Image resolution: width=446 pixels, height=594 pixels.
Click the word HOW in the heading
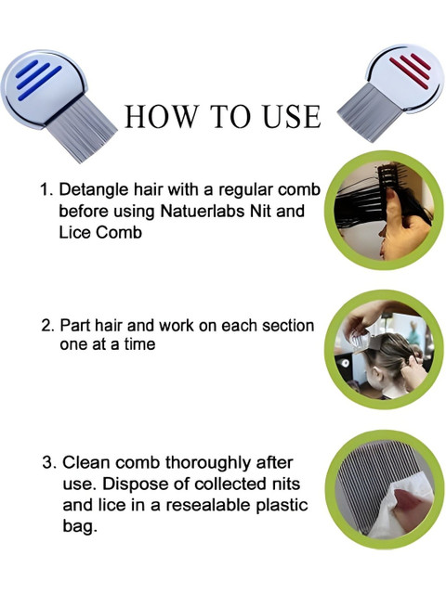[162, 116]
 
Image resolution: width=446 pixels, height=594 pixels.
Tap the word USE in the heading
[292, 116]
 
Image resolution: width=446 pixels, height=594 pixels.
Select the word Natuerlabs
[203, 211]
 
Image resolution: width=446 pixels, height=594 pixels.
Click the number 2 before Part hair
[47, 326]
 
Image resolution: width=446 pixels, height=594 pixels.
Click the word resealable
[207, 505]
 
